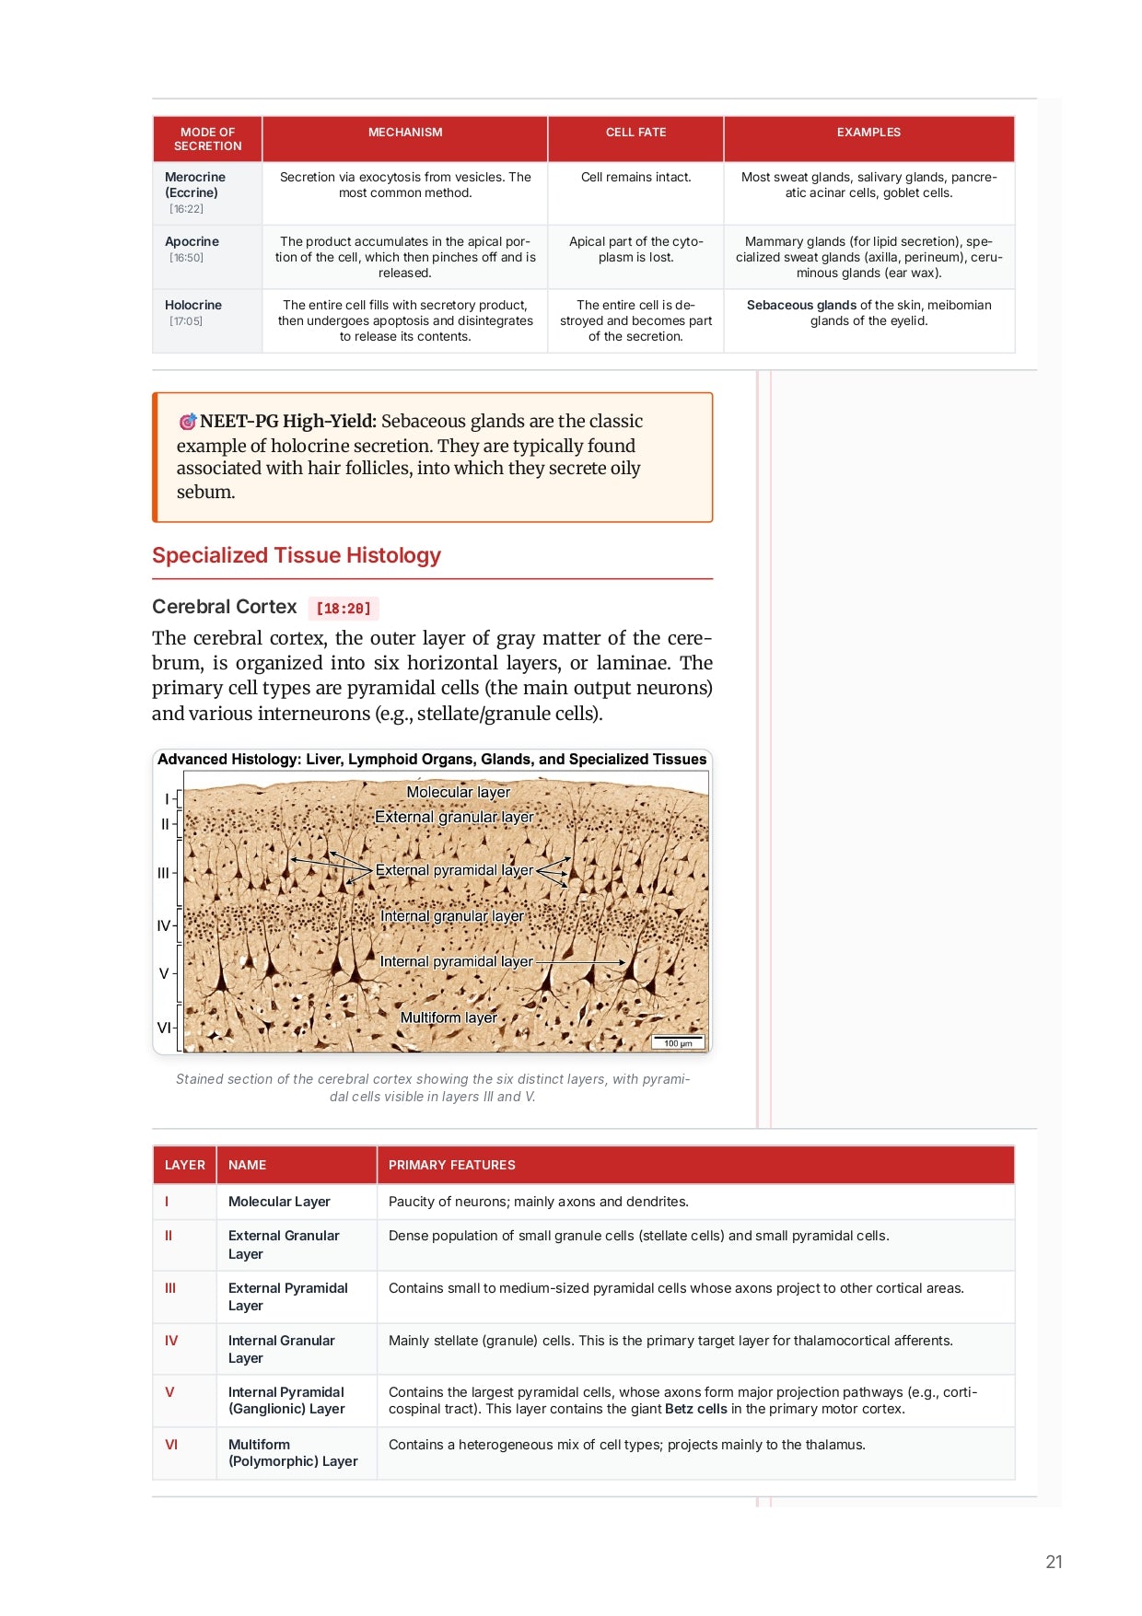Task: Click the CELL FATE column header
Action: tap(635, 133)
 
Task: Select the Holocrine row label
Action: tap(193, 305)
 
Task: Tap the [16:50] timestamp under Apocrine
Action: tap(186, 258)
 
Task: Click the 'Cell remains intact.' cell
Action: tap(635, 177)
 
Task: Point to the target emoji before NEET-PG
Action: tap(188, 422)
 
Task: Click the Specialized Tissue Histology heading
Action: tap(297, 555)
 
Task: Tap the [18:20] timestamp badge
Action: tap(344, 609)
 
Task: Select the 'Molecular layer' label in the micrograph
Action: tap(458, 792)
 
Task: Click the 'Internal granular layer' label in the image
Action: tap(451, 916)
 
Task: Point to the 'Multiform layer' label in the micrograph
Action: tap(449, 1017)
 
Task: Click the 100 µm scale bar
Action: tap(678, 1042)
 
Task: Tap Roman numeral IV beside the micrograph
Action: tap(163, 925)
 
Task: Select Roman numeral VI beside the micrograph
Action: tap(164, 1028)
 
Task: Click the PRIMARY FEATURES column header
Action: tap(451, 1165)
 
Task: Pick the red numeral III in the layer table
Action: tap(170, 1288)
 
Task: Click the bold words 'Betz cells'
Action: tap(695, 1409)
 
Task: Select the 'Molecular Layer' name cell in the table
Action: tap(279, 1202)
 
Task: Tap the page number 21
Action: tap(1054, 1562)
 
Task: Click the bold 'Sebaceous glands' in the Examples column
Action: tap(801, 305)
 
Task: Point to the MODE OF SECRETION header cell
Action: tap(207, 139)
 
